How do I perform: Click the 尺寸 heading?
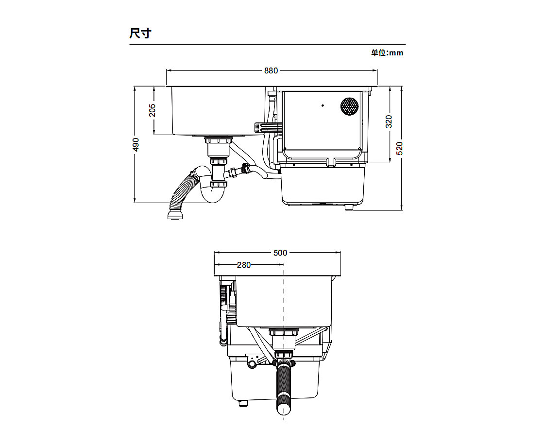click(x=140, y=34)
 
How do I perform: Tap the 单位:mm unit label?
click(x=387, y=53)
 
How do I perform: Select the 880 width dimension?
click(x=271, y=70)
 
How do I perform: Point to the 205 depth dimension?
click(x=152, y=110)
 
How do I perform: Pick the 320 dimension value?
click(x=389, y=121)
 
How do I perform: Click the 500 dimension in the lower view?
click(x=280, y=253)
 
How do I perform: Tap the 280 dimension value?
click(x=243, y=265)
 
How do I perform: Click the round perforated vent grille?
click(x=349, y=106)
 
